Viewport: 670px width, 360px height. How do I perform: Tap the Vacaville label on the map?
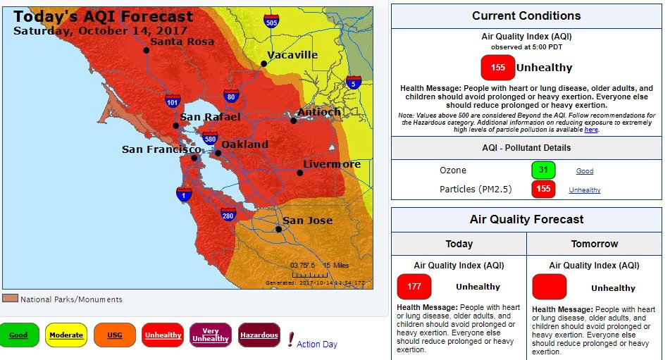pyautogui.click(x=293, y=56)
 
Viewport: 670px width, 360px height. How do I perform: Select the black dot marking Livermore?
pyautogui.click(x=299, y=173)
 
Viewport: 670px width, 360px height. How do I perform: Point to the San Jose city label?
pyautogui.click(x=308, y=221)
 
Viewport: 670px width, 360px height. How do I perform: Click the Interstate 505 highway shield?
pyautogui.click(x=271, y=21)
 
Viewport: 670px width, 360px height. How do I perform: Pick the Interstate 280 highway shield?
pyautogui.click(x=228, y=216)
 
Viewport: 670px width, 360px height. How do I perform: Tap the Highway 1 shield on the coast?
pyautogui.click(x=184, y=194)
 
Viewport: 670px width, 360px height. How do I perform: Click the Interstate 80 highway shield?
pyautogui.click(x=230, y=96)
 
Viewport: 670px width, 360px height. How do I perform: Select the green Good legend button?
pyautogui.click(x=19, y=335)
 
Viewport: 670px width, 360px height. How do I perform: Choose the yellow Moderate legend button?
pyautogui.click(x=66, y=335)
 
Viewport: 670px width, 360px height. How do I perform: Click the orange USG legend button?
pyautogui.click(x=114, y=335)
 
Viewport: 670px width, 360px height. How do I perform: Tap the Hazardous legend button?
pyautogui.click(x=259, y=335)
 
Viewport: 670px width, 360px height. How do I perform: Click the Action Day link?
pyautogui.click(x=317, y=345)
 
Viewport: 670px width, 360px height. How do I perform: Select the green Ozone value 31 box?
pyautogui.click(x=543, y=170)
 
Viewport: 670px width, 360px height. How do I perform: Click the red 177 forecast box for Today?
pyautogui.click(x=414, y=287)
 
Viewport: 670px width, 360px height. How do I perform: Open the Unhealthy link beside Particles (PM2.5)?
pyautogui.click(x=585, y=190)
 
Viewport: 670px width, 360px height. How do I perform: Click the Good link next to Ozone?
pyautogui.click(x=585, y=171)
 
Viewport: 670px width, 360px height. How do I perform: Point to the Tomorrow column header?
pyautogui.click(x=595, y=244)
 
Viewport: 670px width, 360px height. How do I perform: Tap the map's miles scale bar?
pyautogui.click(x=309, y=274)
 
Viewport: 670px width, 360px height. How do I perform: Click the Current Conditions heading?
pyautogui.click(x=526, y=15)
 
